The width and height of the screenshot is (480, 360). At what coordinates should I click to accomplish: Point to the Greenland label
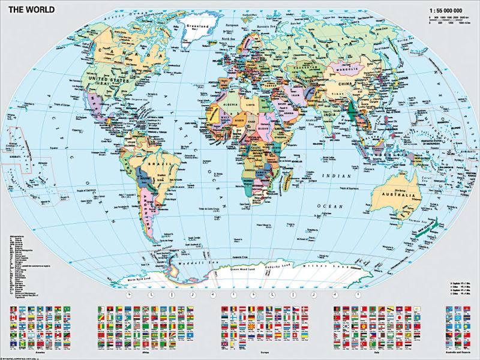click(x=195, y=28)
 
